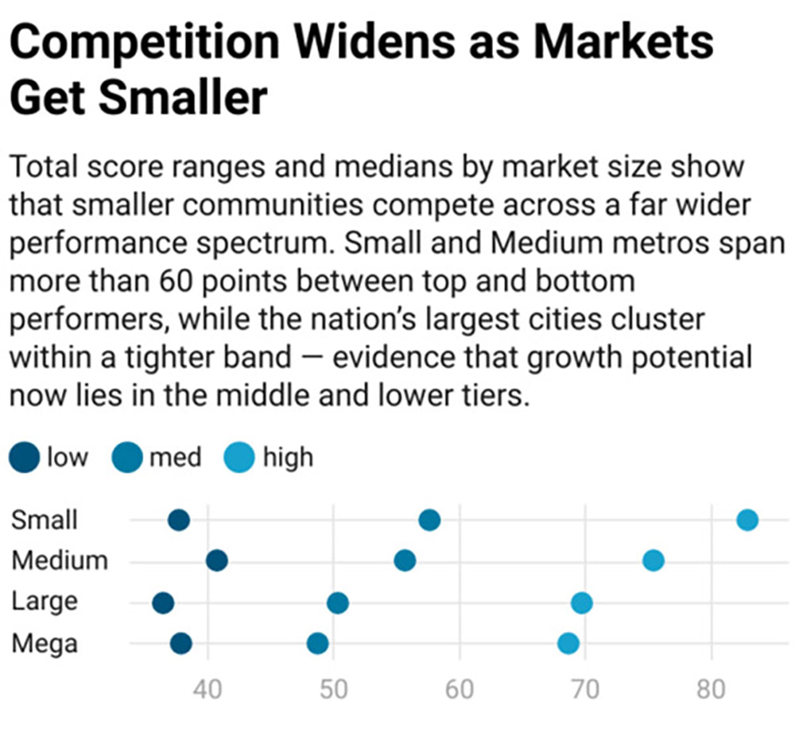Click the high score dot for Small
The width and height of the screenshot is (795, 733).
point(747,521)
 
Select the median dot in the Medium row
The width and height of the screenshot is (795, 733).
point(405,561)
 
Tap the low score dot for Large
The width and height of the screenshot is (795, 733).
point(163,603)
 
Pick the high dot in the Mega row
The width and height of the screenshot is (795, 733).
point(568,643)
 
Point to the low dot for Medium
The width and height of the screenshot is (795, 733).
point(217,561)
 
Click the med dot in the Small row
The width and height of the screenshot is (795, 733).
point(429,521)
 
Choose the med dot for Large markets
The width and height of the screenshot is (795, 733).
point(338,603)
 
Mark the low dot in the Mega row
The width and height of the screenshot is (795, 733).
point(181,643)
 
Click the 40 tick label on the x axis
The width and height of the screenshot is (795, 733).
point(208,689)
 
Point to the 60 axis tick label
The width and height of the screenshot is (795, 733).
point(460,689)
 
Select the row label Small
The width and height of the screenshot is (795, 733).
point(45,520)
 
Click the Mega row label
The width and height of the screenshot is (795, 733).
point(45,642)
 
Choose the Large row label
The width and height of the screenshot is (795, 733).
point(45,602)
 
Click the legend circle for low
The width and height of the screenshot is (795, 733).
point(25,458)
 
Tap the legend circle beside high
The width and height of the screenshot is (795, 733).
point(240,458)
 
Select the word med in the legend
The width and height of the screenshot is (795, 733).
point(176,458)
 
